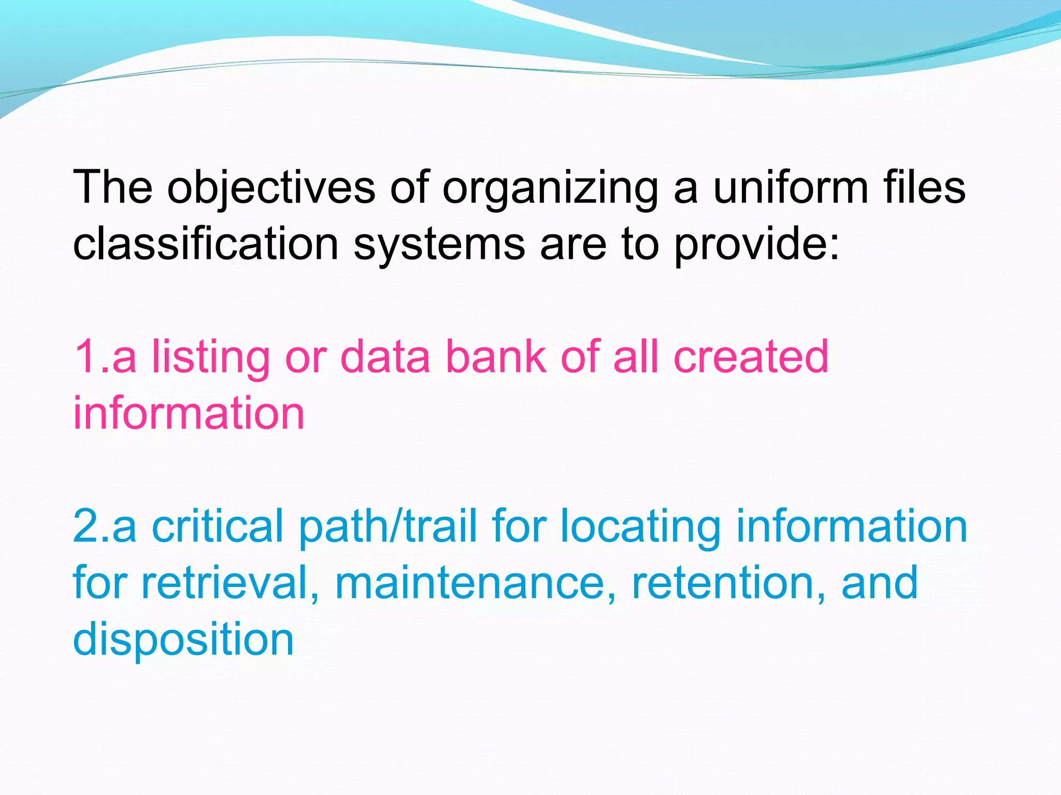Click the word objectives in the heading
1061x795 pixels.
[271, 187]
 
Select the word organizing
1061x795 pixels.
[550, 187]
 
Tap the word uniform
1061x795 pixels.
[791, 187]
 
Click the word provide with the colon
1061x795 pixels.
[756, 244]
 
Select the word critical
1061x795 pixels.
[217, 526]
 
